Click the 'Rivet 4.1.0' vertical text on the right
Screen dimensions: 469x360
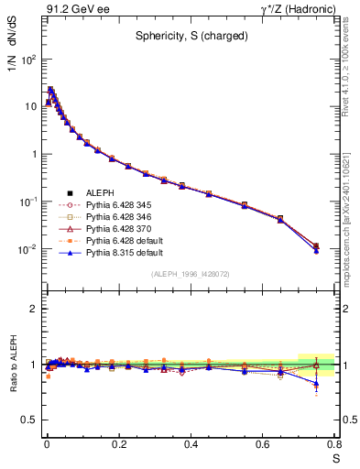click(351, 73)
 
